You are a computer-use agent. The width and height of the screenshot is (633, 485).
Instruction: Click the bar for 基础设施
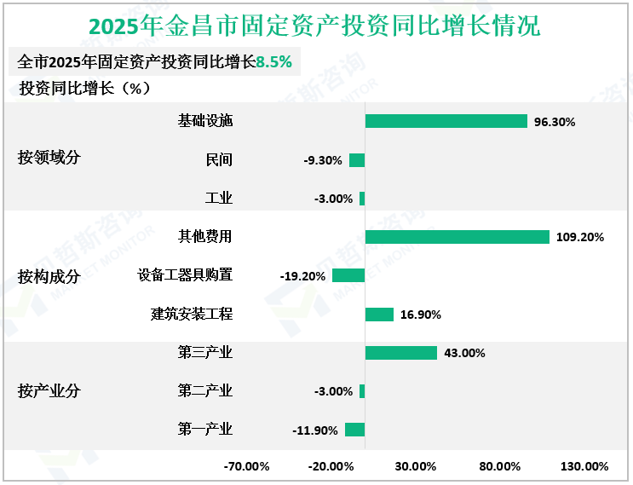446,121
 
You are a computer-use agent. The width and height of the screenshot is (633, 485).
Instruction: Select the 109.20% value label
580,238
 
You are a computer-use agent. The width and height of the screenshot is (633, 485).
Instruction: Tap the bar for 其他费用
457,237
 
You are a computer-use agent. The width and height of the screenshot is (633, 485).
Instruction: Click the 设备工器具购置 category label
185,275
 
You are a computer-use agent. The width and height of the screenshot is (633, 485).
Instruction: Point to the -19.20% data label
302,276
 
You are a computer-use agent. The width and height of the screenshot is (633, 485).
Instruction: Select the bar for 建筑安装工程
379,315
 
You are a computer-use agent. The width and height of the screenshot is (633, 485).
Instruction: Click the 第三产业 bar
400,353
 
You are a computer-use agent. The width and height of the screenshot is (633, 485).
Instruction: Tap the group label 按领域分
49,159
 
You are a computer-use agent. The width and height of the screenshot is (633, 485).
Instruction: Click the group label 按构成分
49,275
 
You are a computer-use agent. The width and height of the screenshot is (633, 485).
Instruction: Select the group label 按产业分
49,391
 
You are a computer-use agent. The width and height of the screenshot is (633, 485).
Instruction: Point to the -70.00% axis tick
247,466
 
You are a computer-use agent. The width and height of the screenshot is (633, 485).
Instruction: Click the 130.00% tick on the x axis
584,466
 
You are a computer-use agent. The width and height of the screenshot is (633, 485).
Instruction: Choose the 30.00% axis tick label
416,466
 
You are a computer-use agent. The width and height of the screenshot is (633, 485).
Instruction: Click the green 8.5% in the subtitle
273,62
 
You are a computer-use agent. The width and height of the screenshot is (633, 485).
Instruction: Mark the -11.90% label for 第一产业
315,430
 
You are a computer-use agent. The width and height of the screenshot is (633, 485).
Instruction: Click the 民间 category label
219,159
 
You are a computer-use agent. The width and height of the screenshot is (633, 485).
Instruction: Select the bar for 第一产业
354,430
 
